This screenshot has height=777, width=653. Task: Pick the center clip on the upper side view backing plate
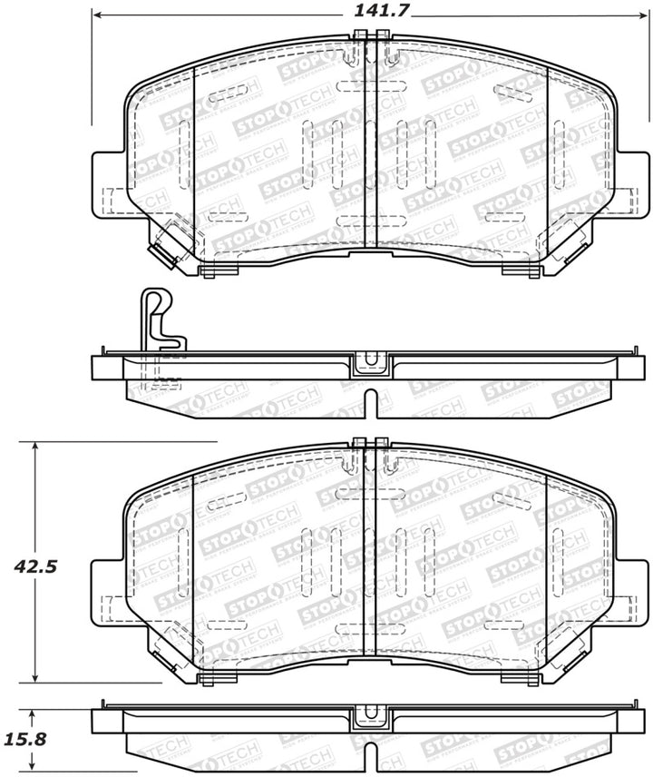pyautogui.click(x=370, y=362)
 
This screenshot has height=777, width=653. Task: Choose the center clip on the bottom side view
pyautogui.click(x=370, y=714)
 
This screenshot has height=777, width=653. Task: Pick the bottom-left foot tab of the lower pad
pyautogui.click(x=208, y=680)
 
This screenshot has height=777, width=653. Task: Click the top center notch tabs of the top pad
pyautogui.click(x=370, y=35)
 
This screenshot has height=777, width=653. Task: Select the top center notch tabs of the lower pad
pyautogui.click(x=370, y=444)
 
